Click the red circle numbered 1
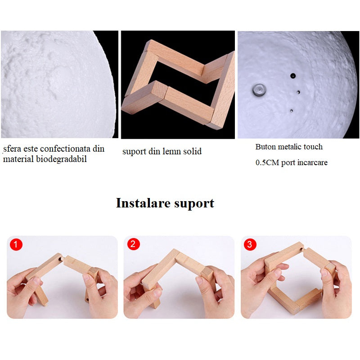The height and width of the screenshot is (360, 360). (x=16, y=244)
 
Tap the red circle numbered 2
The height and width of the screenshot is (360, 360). (x=133, y=244)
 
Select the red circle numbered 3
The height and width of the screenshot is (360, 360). (x=250, y=244)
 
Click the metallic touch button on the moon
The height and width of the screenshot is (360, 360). (x=259, y=89)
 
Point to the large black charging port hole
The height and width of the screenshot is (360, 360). (x=293, y=76)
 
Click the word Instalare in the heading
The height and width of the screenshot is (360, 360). (x=143, y=203)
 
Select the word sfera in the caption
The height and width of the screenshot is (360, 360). (x=12, y=149)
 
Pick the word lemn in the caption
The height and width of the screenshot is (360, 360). (x=172, y=151)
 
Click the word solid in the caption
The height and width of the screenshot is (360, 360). (x=193, y=151)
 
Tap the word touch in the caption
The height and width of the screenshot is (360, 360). (x=313, y=147)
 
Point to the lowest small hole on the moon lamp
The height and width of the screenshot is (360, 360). (x=291, y=111)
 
